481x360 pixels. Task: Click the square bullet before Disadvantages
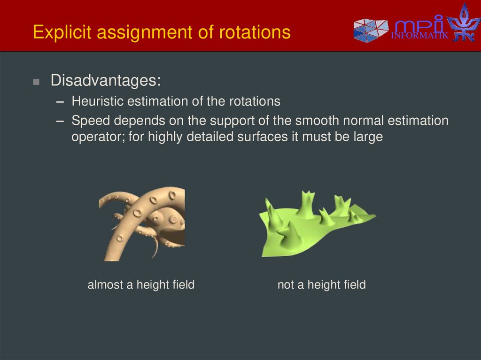(36, 82)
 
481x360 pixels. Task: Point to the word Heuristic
(97, 101)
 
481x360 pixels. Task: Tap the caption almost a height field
(141, 284)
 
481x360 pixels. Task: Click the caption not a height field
(321, 284)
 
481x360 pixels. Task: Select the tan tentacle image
(141, 224)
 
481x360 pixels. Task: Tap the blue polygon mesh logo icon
(371, 31)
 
